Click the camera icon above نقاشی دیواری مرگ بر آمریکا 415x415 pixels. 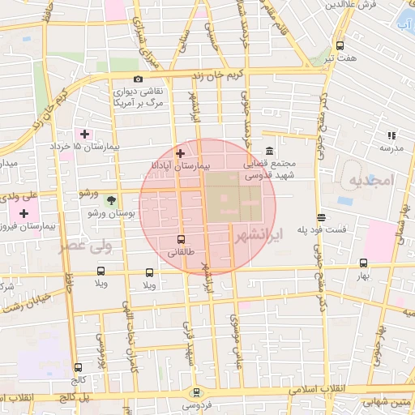139,79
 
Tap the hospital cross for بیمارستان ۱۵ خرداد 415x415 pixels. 84,133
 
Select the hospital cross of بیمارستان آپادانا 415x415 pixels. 180,152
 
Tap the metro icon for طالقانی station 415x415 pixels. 180,239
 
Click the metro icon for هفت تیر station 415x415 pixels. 340,45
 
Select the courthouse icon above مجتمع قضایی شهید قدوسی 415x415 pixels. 269,152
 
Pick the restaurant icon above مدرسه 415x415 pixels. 391,136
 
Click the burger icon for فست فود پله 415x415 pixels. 322,217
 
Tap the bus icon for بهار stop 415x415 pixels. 363,263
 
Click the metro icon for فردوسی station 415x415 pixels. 195,391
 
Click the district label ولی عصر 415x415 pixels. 83,245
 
